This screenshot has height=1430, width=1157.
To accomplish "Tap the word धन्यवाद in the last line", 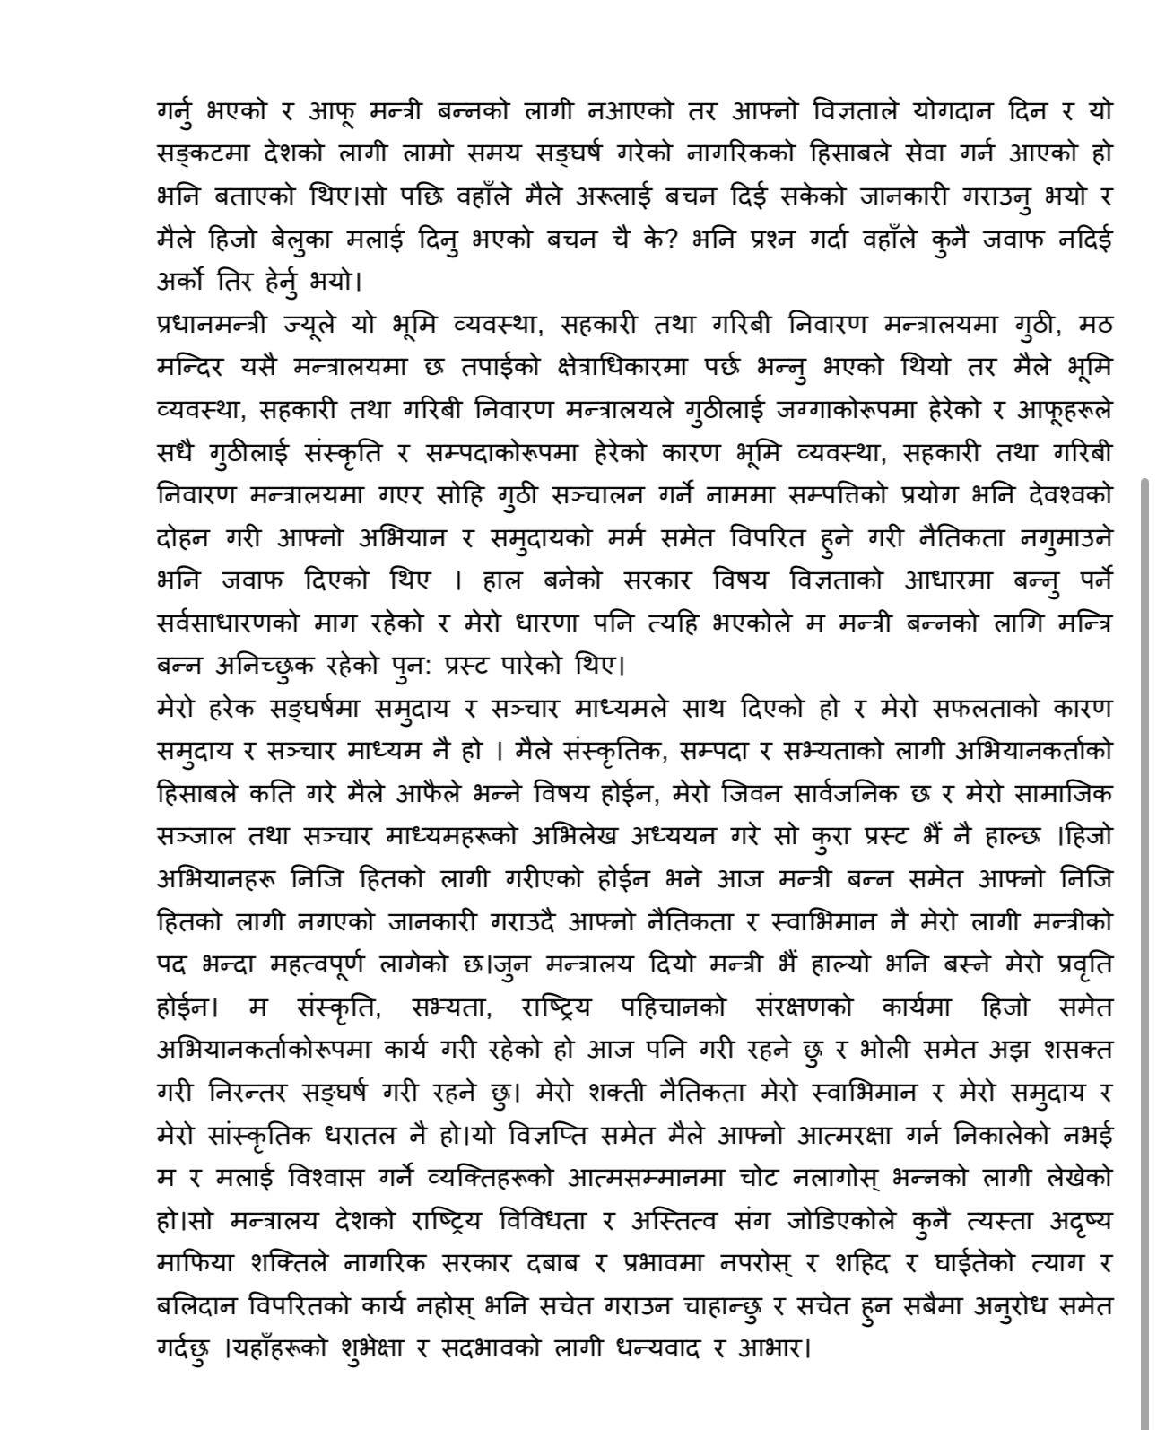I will [661, 1348].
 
